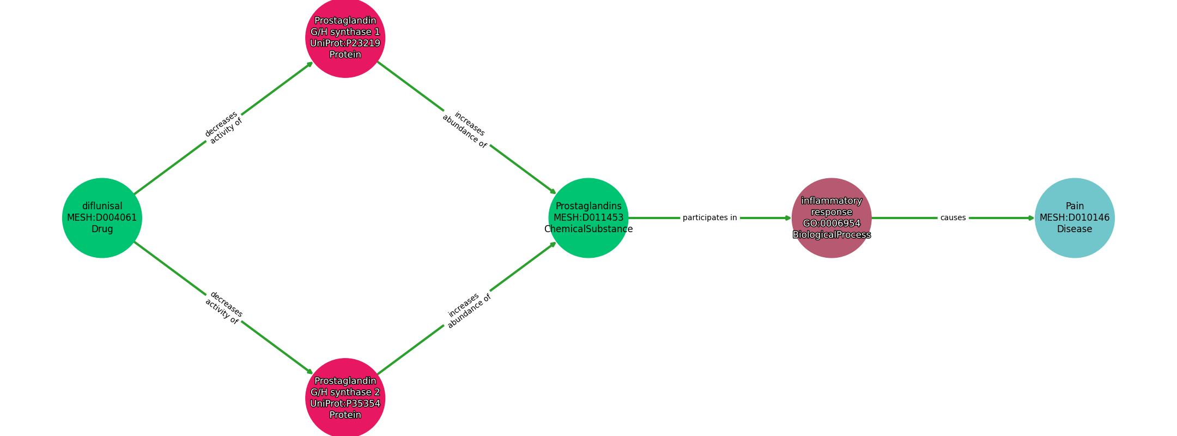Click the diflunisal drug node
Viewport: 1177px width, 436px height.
tap(102, 217)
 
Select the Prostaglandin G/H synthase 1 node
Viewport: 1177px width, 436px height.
tap(345, 38)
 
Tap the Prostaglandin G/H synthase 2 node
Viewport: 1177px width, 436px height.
tap(345, 398)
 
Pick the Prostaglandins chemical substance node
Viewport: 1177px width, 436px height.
tap(588, 217)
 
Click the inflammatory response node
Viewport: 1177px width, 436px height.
tap(831, 217)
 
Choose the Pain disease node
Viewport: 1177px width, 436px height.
tap(1074, 217)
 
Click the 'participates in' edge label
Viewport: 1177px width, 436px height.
tap(709, 217)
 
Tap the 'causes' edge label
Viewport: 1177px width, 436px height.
tap(952, 217)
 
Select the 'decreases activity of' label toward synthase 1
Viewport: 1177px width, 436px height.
tap(223, 128)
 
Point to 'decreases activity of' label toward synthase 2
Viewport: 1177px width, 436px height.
tap(223, 308)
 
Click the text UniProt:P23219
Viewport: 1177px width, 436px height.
tap(345, 44)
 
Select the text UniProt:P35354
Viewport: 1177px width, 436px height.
tap(345, 404)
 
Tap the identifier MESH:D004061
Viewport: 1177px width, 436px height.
tap(102, 218)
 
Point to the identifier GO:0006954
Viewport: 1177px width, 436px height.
tap(831, 223)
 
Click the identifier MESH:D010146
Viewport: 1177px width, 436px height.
tap(1074, 218)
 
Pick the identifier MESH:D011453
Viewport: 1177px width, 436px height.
tap(588, 218)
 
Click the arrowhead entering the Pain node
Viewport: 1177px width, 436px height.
tap(1031, 217)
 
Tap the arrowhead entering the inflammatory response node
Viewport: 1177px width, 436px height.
tap(788, 217)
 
